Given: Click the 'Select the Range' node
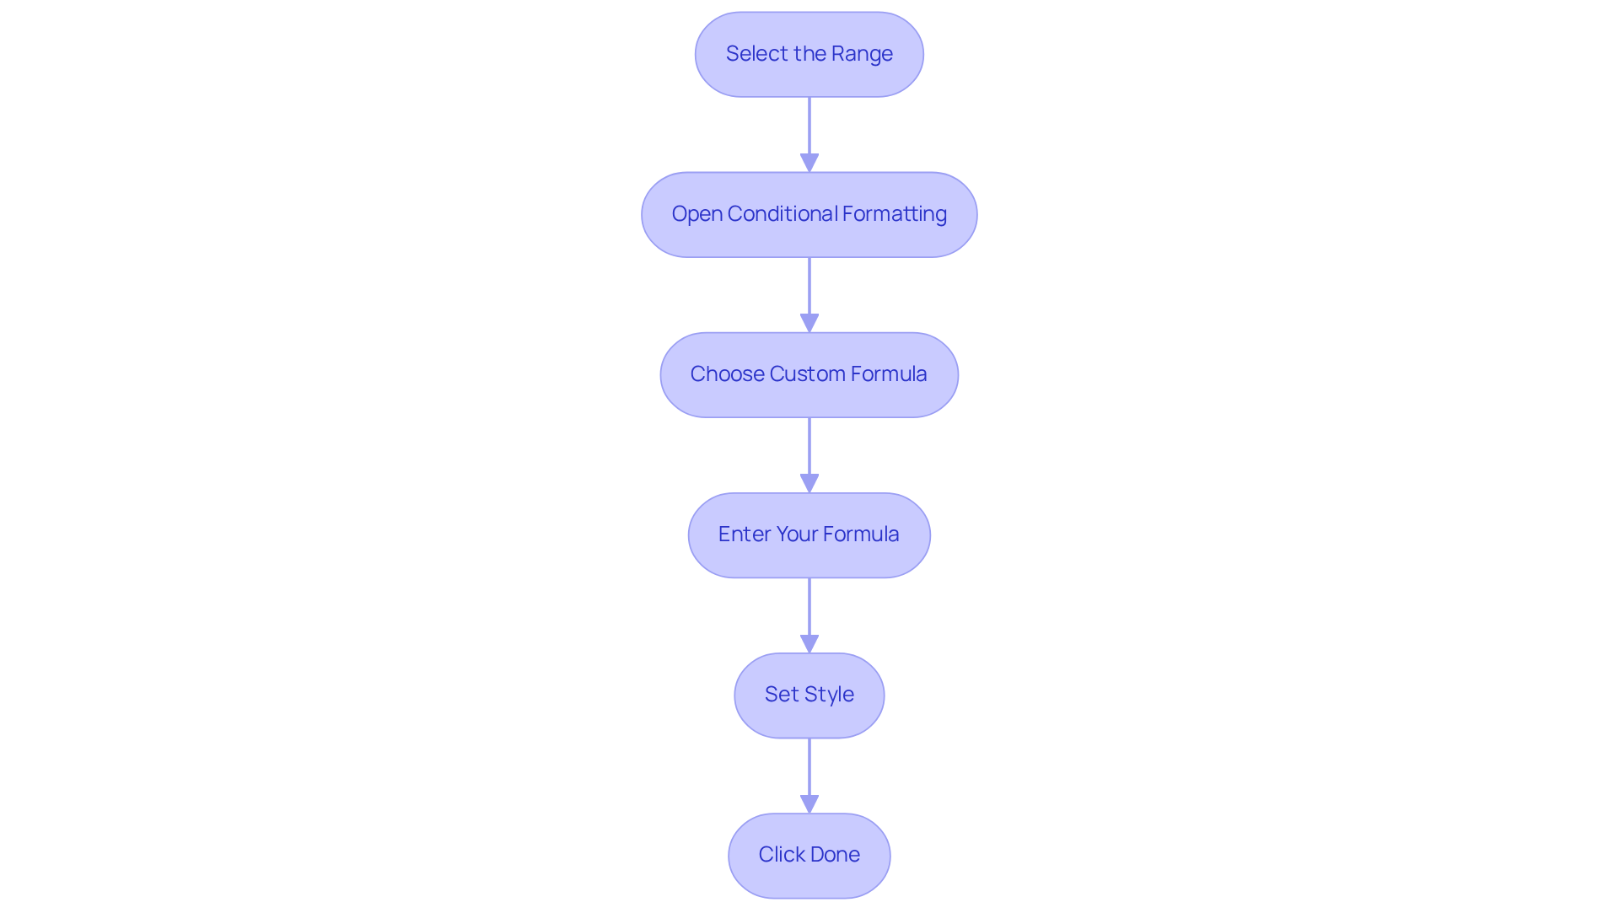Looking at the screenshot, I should [809, 54].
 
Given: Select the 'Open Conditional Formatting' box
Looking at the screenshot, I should [809, 214].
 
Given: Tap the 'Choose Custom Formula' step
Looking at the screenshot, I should [809, 374].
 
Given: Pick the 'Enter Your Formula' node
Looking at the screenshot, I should [809, 534].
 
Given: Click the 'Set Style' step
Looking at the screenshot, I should [809, 695].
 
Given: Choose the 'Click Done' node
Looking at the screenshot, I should [809, 855].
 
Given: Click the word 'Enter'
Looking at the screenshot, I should [744, 534].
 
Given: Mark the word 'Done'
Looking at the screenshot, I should [836, 855].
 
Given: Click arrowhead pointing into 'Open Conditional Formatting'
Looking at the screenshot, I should [809, 163].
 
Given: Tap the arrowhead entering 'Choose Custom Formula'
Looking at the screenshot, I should [809, 323].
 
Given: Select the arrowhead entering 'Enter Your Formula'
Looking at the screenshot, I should [809, 483].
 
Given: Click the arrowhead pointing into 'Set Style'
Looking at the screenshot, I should [809, 643].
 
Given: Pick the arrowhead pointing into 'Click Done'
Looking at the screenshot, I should [809, 803].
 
